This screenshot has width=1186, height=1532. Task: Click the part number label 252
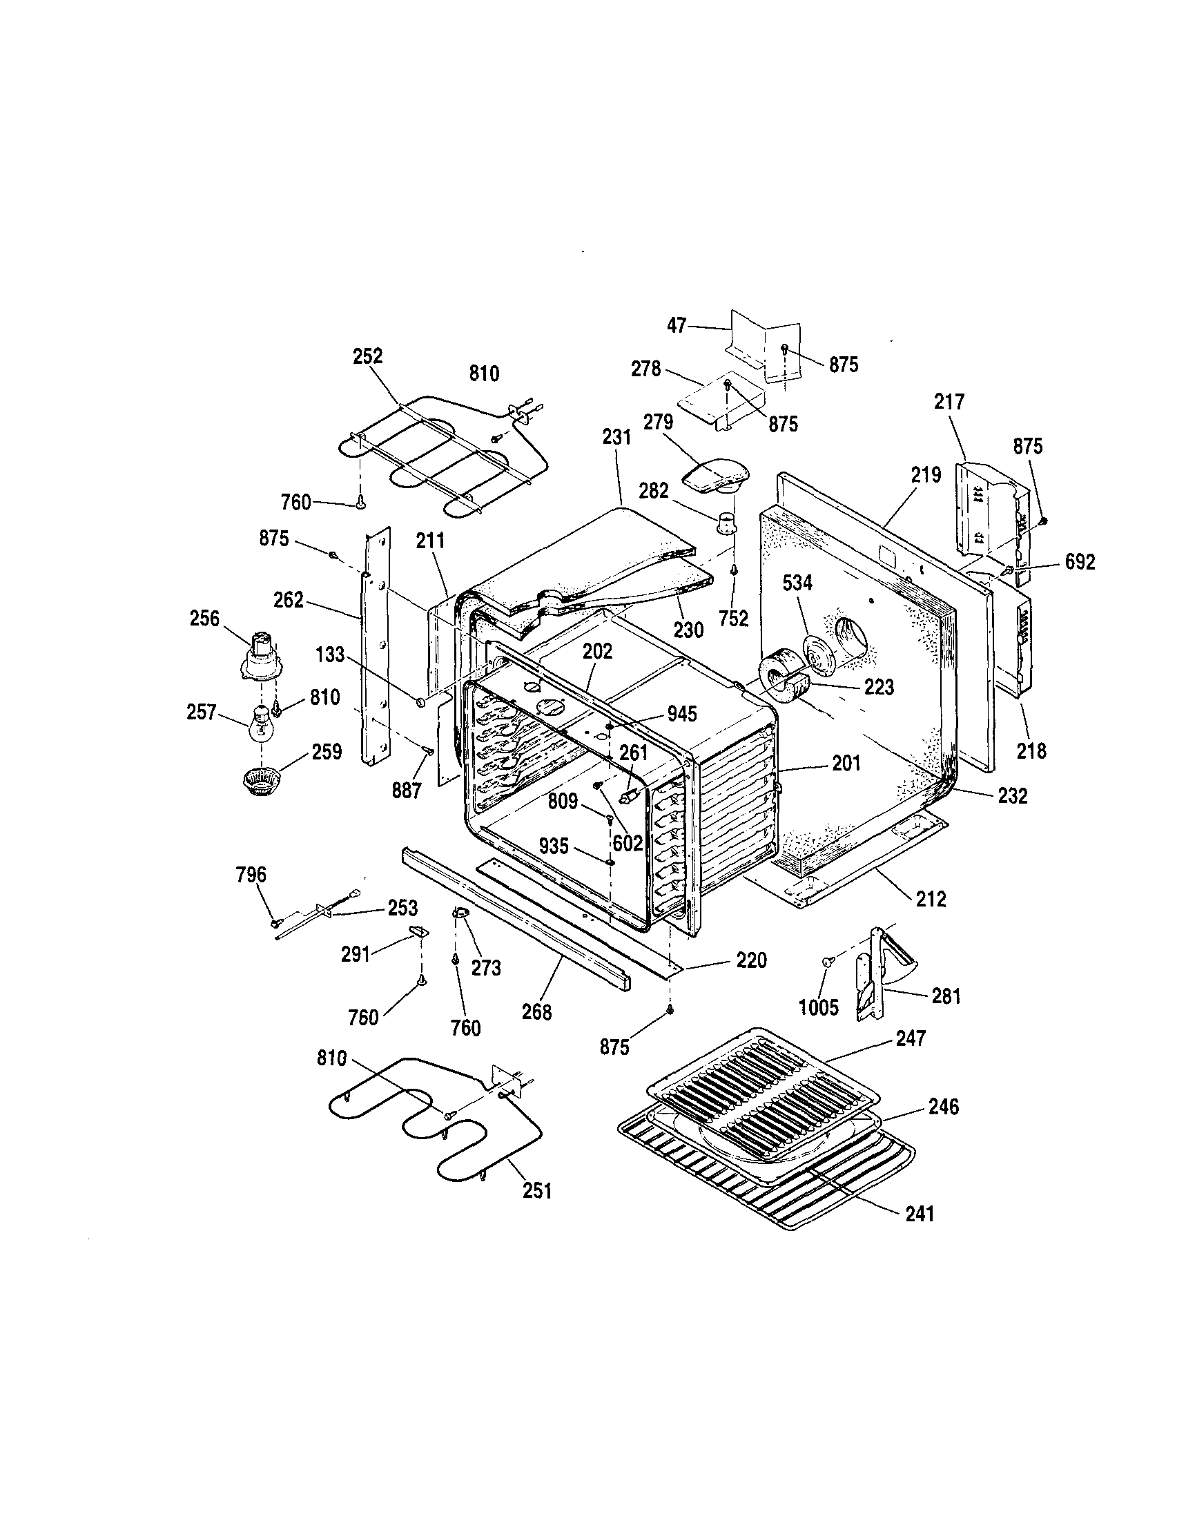click(367, 356)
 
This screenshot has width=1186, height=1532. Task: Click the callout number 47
click(676, 325)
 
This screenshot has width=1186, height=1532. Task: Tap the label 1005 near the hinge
click(819, 1007)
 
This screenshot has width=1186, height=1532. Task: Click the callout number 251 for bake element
click(536, 1191)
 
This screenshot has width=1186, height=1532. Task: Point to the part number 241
click(920, 1213)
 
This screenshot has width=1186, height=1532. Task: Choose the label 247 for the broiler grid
click(911, 1038)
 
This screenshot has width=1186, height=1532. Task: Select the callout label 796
click(251, 874)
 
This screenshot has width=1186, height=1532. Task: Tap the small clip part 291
click(418, 931)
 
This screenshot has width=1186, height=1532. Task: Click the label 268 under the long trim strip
click(536, 1012)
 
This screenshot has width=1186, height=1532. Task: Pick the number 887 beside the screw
click(406, 791)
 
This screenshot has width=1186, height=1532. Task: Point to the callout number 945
click(682, 713)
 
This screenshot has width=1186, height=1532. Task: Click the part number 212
click(931, 899)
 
